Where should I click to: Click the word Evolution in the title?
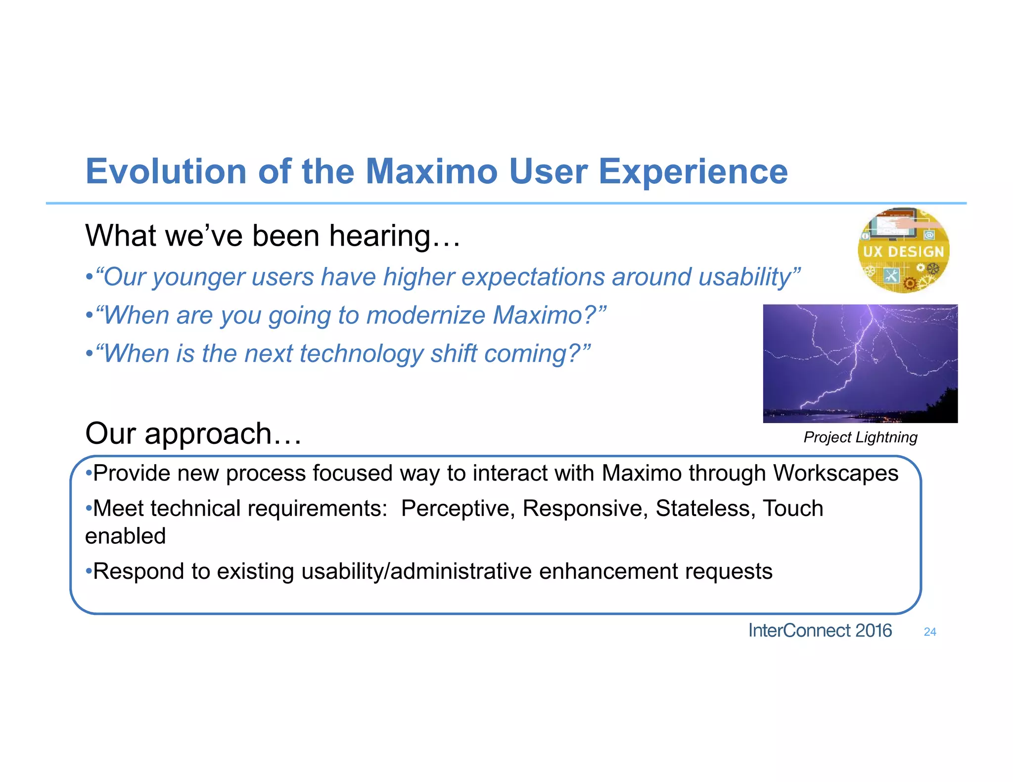[x=166, y=172]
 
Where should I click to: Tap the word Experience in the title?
[x=692, y=172]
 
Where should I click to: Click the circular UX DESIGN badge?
[x=903, y=251]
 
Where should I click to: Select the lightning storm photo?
[x=860, y=363]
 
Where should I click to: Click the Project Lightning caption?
[x=860, y=437]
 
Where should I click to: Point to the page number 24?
[x=929, y=632]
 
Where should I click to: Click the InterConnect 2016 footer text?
[x=820, y=631]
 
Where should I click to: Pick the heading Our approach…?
[x=193, y=434]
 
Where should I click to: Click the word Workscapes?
[x=835, y=473]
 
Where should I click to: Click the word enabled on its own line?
[x=125, y=536]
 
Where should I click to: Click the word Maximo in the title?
[x=431, y=172]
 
